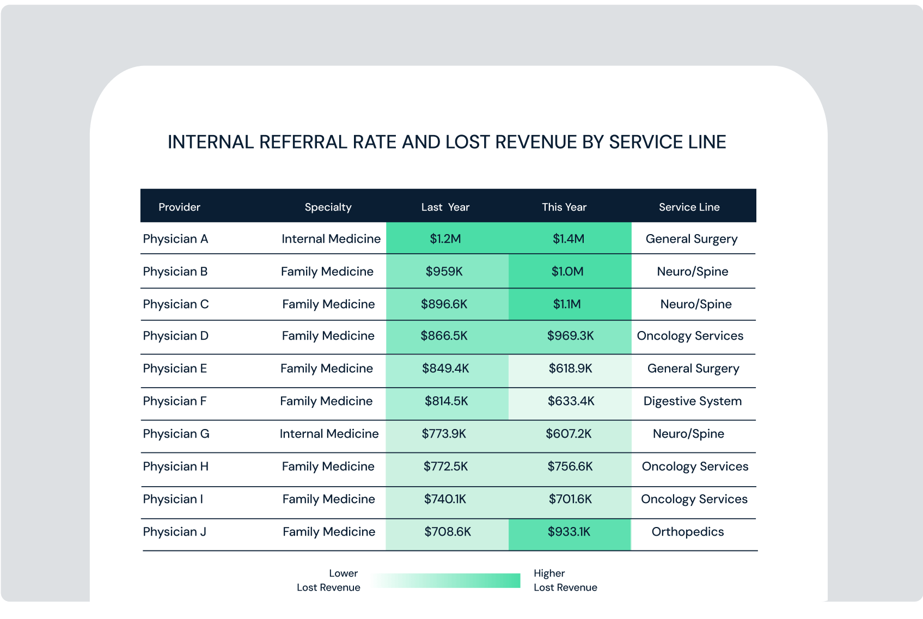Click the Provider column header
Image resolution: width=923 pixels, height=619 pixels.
(x=179, y=207)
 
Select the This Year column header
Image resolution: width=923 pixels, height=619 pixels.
(x=564, y=207)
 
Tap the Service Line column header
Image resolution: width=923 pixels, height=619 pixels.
(x=689, y=207)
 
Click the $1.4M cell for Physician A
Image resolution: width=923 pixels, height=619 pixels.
(x=568, y=238)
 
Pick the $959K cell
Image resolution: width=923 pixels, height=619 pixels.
(x=444, y=271)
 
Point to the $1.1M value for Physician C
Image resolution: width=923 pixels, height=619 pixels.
(x=567, y=304)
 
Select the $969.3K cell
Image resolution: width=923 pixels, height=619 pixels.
(x=570, y=335)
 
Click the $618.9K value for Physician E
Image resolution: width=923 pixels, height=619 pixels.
(x=570, y=368)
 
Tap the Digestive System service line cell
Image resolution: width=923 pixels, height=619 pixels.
(x=692, y=401)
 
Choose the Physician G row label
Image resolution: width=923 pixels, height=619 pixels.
(x=176, y=433)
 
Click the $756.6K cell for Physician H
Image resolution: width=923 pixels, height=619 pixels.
(x=570, y=466)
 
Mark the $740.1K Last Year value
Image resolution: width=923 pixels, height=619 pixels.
(x=445, y=499)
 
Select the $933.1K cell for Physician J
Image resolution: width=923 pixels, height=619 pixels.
(x=569, y=531)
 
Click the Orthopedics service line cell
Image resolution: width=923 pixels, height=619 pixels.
(x=687, y=531)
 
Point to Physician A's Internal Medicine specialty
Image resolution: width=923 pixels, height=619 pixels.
(x=331, y=238)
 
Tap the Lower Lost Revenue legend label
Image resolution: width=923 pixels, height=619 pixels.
(x=328, y=580)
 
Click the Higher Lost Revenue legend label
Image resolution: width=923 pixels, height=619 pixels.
(x=565, y=580)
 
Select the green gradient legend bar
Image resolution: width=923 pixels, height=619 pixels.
(x=447, y=580)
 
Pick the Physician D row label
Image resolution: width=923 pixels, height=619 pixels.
(x=175, y=335)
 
